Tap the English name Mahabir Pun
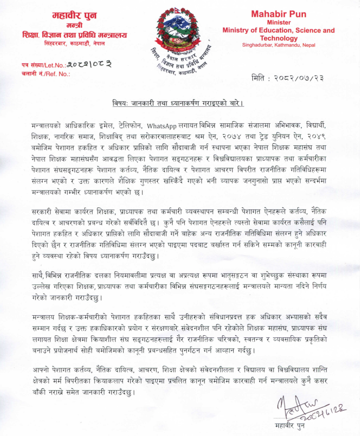(x=278, y=14)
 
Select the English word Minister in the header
(x=278, y=23)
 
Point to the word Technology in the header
(x=278, y=38)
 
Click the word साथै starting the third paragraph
(x=38, y=267)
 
